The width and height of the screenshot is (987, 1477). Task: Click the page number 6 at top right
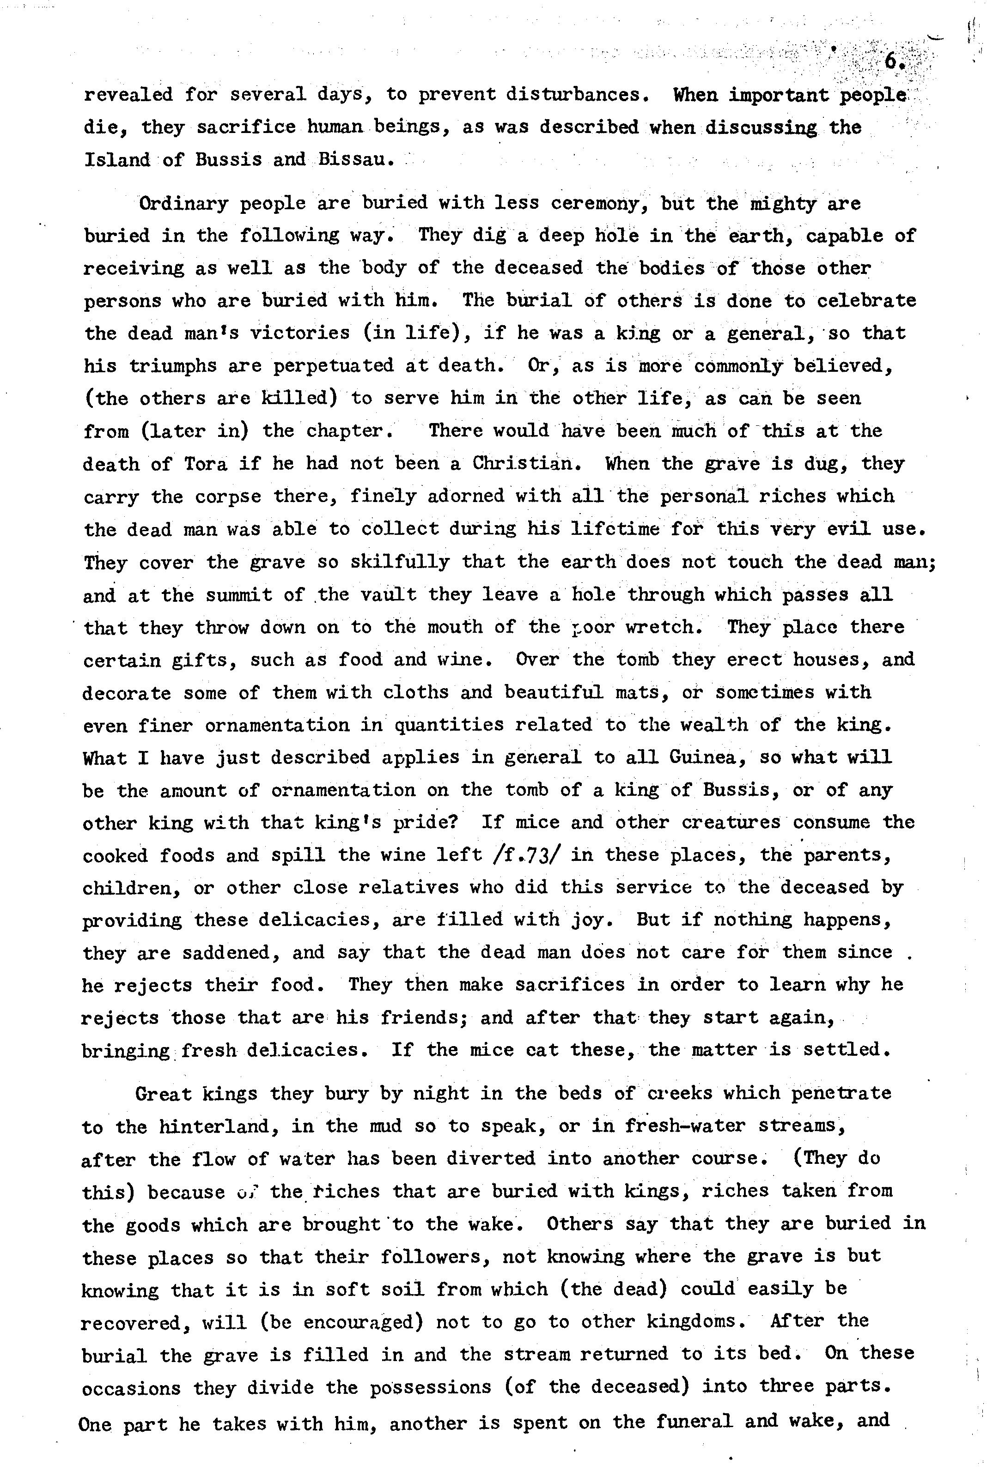coord(891,61)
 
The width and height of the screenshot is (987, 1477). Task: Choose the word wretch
coord(667,627)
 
